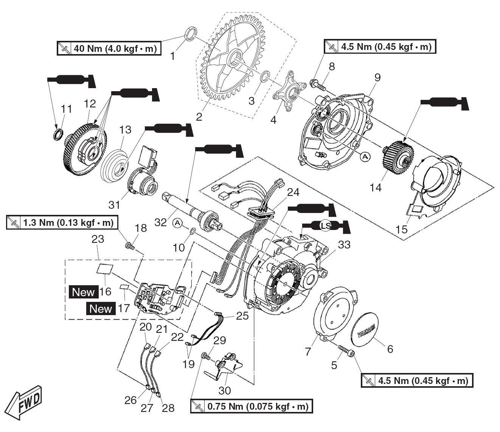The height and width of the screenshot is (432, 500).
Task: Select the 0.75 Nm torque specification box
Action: pyautogui.click(x=252, y=407)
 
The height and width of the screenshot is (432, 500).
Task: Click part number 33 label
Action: pyautogui.click(x=344, y=245)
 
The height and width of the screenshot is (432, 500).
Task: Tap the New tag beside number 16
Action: pyautogui.click(x=83, y=292)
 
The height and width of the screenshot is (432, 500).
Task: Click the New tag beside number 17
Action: pyautogui.click(x=101, y=309)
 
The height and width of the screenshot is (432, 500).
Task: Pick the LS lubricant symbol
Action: pyautogui.click(x=325, y=226)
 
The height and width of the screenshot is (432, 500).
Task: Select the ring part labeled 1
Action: pyautogui.click(x=191, y=33)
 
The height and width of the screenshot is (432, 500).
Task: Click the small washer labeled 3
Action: pyautogui.click(x=265, y=75)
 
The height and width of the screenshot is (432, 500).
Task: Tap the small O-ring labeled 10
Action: pyautogui.click(x=192, y=231)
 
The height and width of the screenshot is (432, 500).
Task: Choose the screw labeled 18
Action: pyautogui.click(x=130, y=246)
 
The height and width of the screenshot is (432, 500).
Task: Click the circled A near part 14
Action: pyautogui.click(x=365, y=156)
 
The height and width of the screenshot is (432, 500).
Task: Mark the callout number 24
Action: pyautogui.click(x=293, y=193)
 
